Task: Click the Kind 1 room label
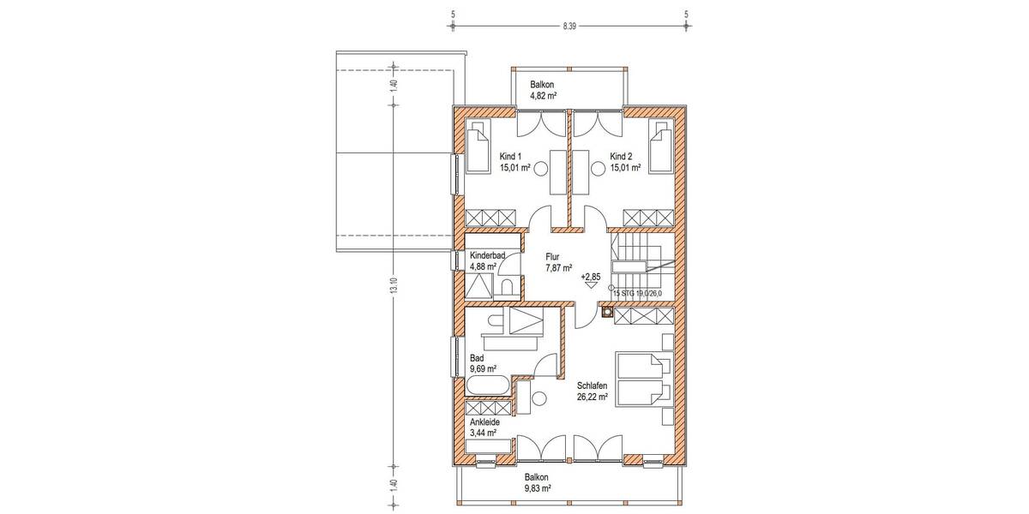pos(511,157)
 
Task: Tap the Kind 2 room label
pos(621,157)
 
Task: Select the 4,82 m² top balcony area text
pos(543,97)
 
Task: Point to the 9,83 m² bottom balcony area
pos(536,488)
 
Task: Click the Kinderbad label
pos(486,256)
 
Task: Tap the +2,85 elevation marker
pos(591,278)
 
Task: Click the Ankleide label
pos(484,422)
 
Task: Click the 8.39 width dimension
pos(569,27)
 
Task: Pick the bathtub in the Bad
pos(488,385)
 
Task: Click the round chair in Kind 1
pos(542,170)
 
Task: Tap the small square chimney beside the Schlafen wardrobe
pos(608,314)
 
